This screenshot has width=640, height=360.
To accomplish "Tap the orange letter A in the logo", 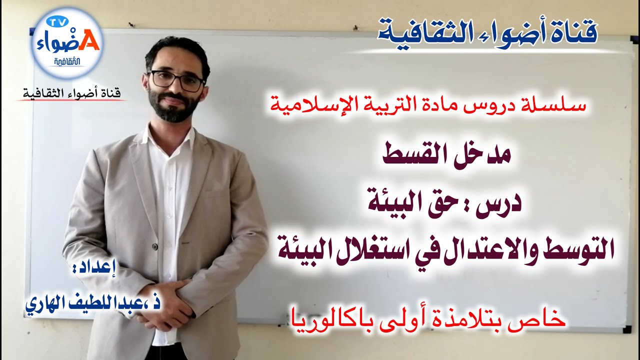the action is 89,42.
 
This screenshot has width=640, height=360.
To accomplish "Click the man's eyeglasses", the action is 176,80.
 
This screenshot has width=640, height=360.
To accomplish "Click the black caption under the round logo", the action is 71,93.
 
